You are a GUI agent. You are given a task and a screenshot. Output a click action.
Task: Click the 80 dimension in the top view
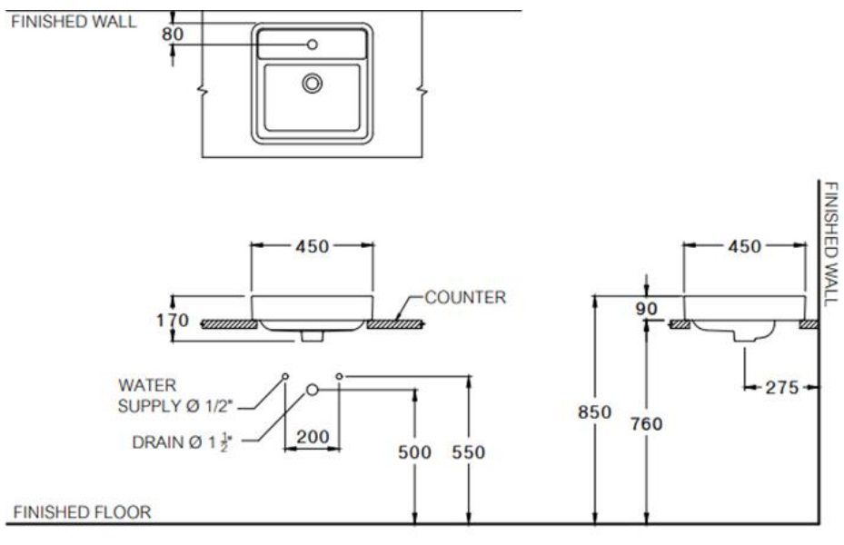click(x=173, y=35)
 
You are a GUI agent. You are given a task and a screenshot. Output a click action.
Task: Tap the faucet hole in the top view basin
click(x=313, y=44)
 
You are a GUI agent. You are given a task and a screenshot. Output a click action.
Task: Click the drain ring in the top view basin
click(x=313, y=84)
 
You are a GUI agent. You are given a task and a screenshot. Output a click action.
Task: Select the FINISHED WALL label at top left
click(x=73, y=23)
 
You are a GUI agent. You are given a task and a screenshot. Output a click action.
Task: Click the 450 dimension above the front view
click(x=312, y=246)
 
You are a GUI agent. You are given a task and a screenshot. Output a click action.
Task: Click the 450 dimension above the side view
click(x=744, y=246)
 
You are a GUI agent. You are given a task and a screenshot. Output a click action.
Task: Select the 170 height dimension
click(x=173, y=321)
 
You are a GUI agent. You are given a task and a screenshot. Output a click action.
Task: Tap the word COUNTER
click(x=465, y=297)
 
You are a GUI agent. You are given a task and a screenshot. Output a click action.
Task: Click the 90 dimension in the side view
click(x=646, y=309)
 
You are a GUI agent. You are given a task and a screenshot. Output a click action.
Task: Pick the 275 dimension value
click(x=780, y=388)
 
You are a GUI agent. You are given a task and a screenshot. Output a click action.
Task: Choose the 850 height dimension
click(x=595, y=411)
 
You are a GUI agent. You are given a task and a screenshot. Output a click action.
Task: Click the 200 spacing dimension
click(x=313, y=436)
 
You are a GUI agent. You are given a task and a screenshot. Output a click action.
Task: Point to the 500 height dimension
click(x=415, y=452)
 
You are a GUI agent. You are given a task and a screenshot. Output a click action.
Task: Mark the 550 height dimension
click(x=468, y=452)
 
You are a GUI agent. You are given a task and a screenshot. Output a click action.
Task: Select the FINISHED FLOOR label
click(x=82, y=512)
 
